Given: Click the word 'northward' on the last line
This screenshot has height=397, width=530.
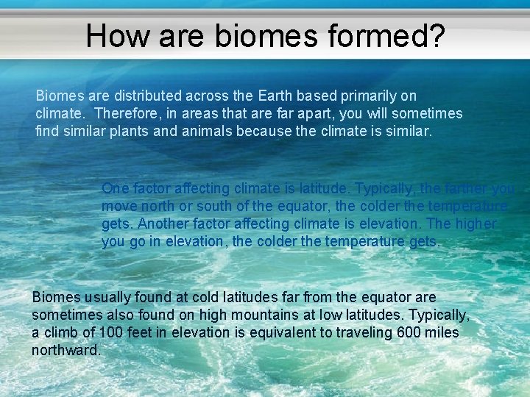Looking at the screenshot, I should tap(64, 350).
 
